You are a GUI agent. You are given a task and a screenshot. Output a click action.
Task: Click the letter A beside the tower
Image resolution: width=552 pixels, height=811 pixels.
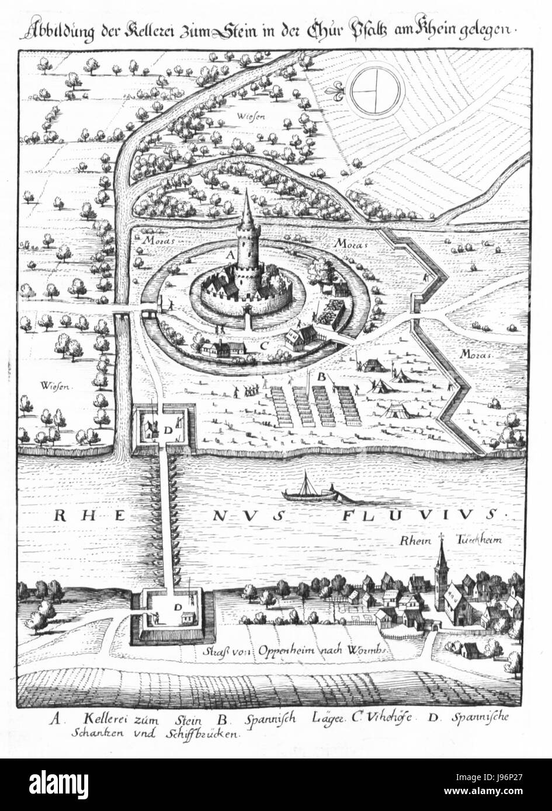230,256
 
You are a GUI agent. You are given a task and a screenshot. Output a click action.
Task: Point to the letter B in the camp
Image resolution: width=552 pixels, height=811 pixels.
320,377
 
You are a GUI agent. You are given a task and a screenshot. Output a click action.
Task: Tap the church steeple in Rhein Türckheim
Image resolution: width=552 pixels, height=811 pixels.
442,557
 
